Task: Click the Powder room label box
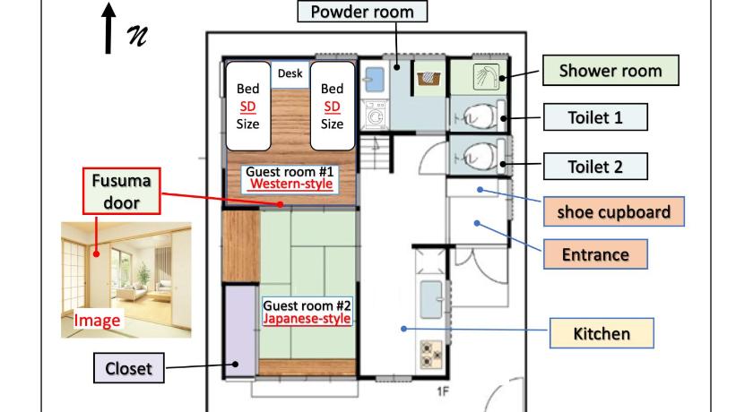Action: [362, 12]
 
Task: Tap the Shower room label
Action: [610, 71]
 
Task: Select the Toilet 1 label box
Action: [595, 117]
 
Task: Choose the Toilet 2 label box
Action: [595, 167]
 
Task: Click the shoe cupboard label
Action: [614, 211]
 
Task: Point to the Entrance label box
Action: [595, 254]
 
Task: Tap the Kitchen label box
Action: [602, 333]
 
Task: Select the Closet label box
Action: [128, 368]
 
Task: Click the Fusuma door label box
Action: [122, 191]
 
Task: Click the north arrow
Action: [108, 28]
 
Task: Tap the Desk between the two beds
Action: [290, 73]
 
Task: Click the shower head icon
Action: [486, 77]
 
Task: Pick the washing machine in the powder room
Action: [376, 114]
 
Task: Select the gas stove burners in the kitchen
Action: [431, 354]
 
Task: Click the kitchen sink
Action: [431, 300]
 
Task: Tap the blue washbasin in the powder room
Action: [375, 79]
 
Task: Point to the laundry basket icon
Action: [428, 78]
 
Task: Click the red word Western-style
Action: [291, 184]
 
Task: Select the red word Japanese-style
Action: [307, 319]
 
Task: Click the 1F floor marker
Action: [443, 391]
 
